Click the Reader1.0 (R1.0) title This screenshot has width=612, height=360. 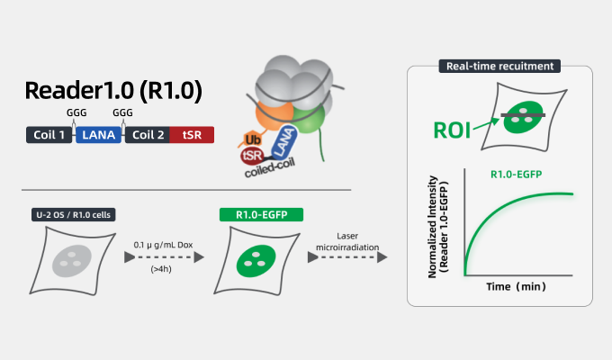(x=113, y=92)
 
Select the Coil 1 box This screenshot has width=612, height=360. (x=49, y=135)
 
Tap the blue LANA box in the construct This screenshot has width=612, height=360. (x=97, y=135)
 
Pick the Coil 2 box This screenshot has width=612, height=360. (x=146, y=135)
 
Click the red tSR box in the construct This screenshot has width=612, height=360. (x=192, y=135)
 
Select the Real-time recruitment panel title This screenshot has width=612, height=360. (x=499, y=66)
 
